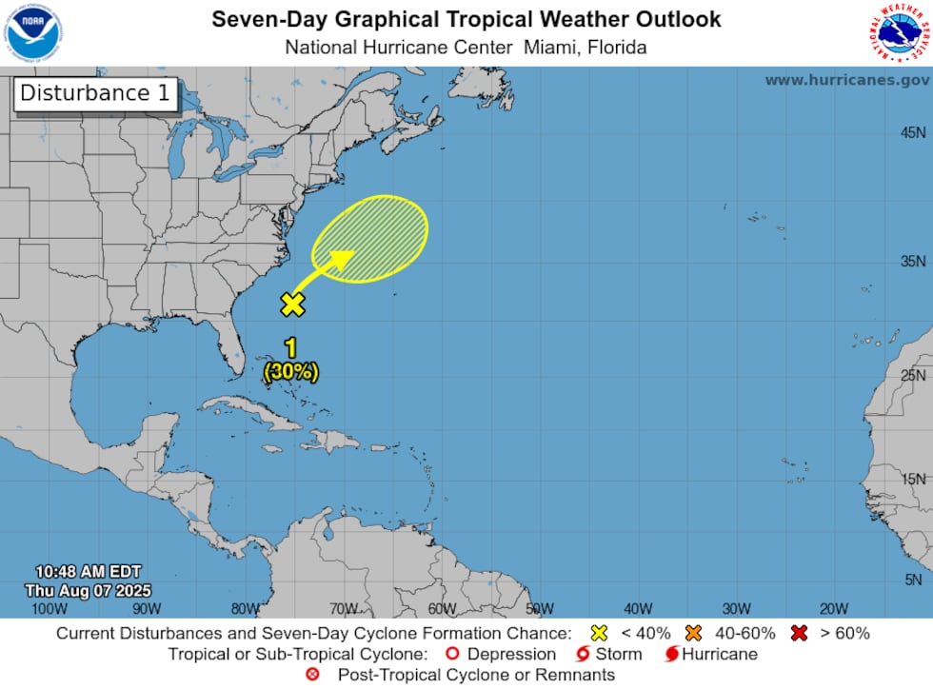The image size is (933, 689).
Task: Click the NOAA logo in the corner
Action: (32, 30)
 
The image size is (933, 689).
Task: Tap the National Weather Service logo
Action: (899, 30)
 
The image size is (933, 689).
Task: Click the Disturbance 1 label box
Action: (84, 93)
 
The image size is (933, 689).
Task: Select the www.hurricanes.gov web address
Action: (847, 80)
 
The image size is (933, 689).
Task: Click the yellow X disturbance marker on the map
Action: (292, 305)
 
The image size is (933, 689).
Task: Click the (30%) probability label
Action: (290, 371)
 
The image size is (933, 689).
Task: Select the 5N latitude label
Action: (915, 580)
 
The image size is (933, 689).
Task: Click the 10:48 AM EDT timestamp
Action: (89, 572)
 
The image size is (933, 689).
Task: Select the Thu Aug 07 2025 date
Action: (89, 591)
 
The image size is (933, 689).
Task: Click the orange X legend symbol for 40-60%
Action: (693, 633)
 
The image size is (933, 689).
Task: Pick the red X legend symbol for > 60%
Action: (800, 633)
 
